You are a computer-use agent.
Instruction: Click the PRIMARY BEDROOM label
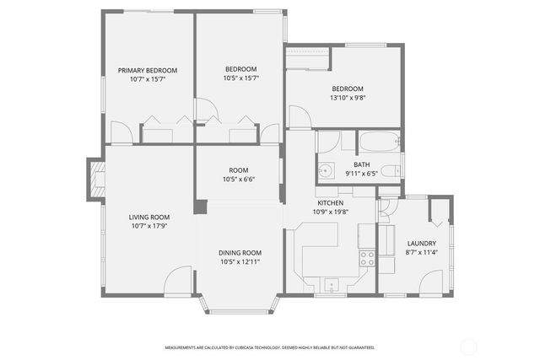pyautogui.click(x=148, y=70)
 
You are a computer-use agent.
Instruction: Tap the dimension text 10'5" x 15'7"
pyautogui.click(x=240, y=78)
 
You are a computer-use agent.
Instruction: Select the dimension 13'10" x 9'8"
pyautogui.click(x=347, y=99)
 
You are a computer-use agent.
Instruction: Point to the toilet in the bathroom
pyautogui.click(x=390, y=171)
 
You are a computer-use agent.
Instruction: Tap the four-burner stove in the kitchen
pyautogui.click(x=367, y=258)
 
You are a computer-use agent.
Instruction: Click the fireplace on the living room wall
pyautogui.click(x=94, y=179)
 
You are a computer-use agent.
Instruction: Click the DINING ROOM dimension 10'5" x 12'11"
pyautogui.click(x=240, y=262)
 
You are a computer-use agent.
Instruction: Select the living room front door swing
pyautogui.click(x=179, y=282)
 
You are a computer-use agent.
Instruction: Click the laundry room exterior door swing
pyautogui.click(x=430, y=282)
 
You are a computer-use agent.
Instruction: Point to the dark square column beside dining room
pyautogui.click(x=200, y=206)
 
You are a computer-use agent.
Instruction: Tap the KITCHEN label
pyautogui.click(x=329, y=203)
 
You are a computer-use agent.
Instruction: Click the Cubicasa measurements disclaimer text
pyautogui.click(x=270, y=347)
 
